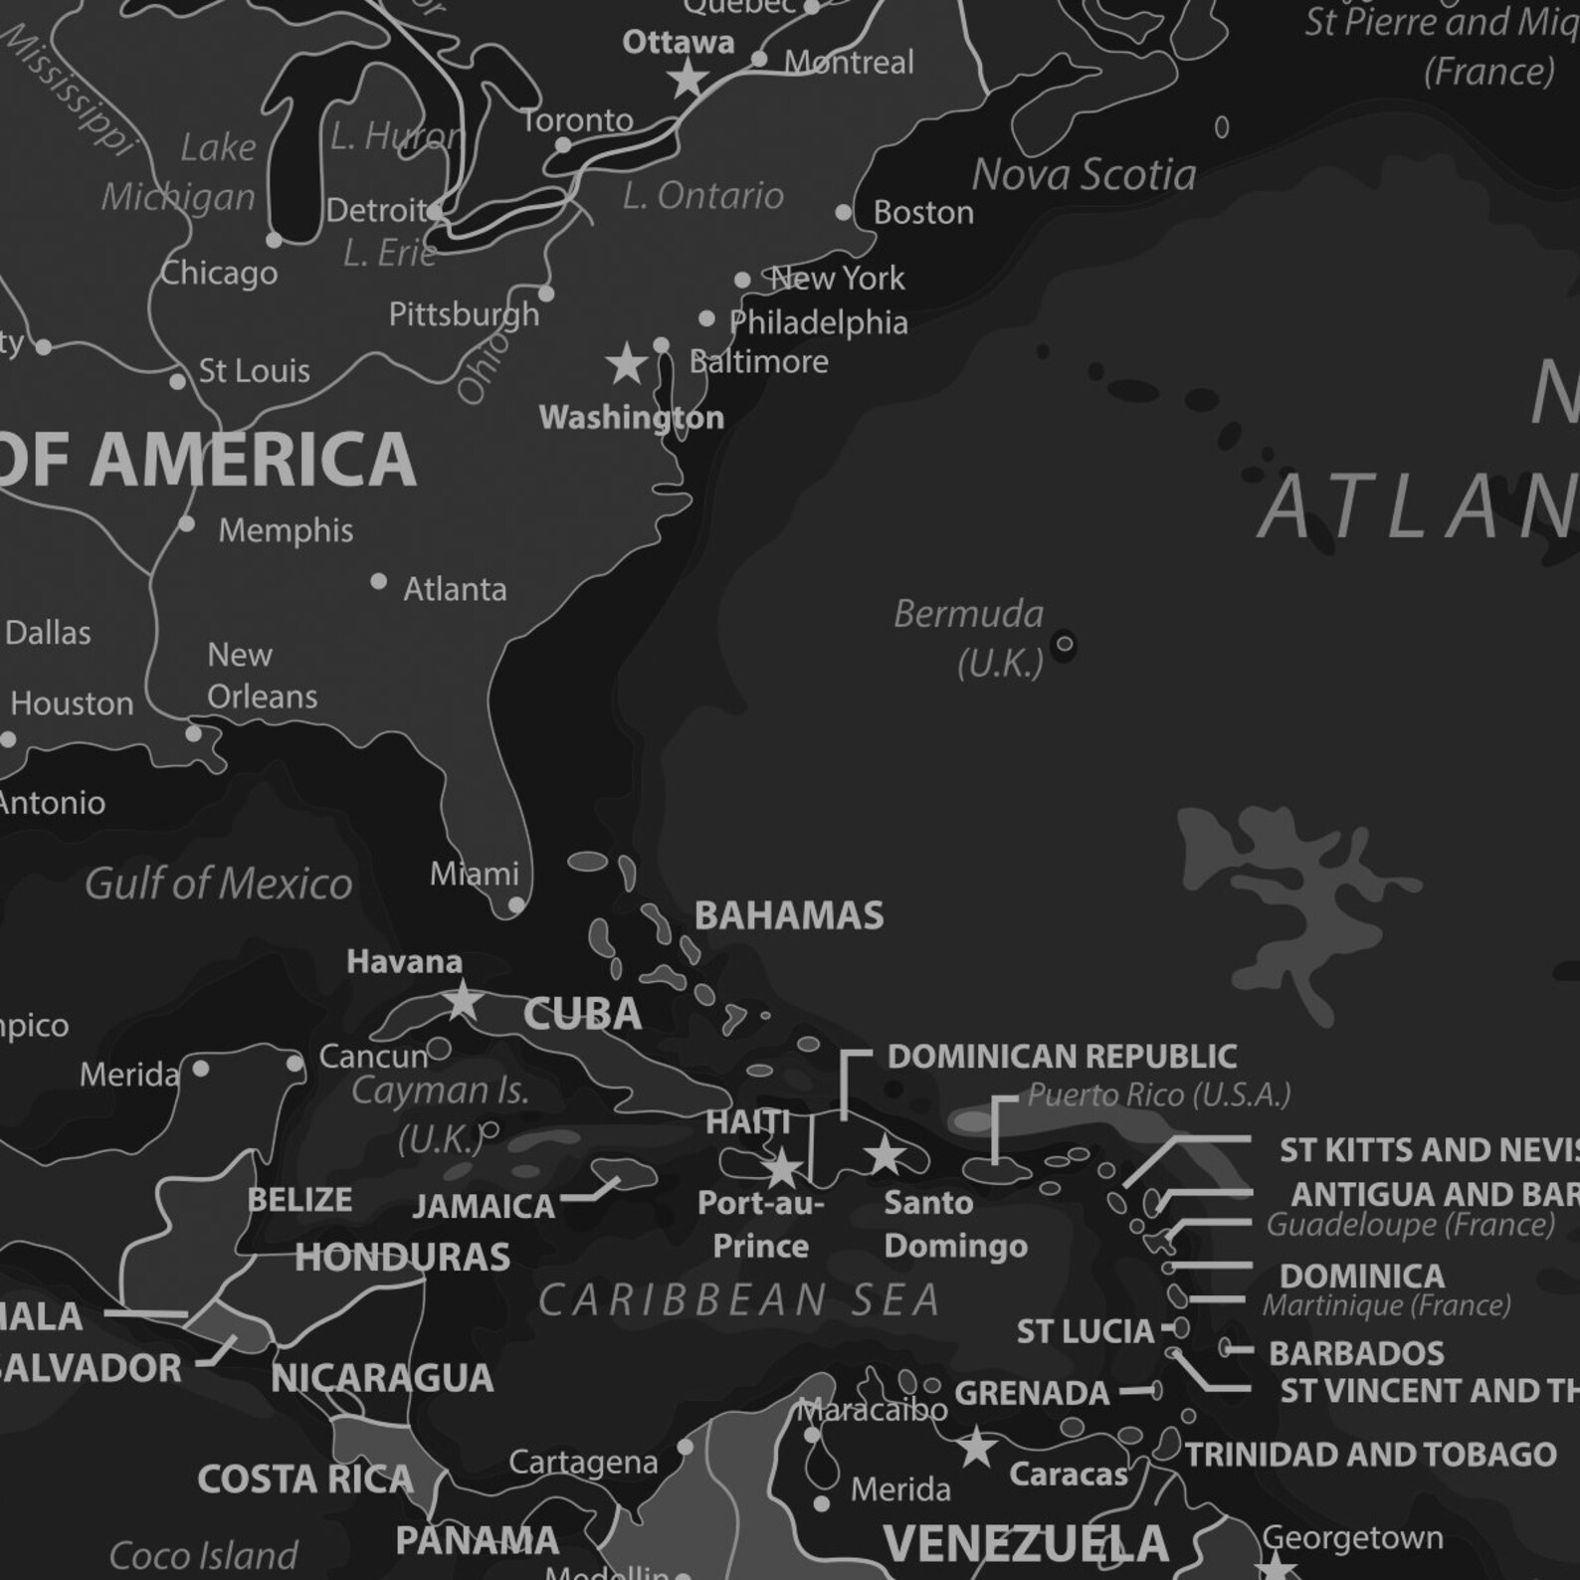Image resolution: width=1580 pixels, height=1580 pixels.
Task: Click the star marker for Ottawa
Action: coord(688,78)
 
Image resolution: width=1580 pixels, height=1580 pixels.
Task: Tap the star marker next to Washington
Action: coord(627,364)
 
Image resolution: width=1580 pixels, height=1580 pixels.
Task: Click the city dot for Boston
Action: coord(844,212)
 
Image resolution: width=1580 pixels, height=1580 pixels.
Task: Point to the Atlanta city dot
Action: coord(379,581)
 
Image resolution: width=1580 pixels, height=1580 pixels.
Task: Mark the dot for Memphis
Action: coord(187,524)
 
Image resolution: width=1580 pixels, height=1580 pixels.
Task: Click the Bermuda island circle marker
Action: coord(1064,645)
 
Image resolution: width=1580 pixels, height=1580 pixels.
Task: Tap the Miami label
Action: coord(475,874)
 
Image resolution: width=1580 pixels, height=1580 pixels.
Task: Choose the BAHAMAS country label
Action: coord(789,915)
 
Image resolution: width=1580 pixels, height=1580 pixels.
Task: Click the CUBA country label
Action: coord(583,1014)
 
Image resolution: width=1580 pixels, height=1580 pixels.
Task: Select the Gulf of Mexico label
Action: coord(218,884)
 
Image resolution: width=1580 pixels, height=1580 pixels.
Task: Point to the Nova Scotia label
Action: coord(1084,175)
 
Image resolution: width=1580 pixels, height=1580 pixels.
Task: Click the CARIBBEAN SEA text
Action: coord(739,1300)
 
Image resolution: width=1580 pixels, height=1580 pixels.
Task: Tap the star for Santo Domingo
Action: coord(885,1156)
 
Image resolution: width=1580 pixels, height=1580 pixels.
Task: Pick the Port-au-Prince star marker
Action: coord(783,1168)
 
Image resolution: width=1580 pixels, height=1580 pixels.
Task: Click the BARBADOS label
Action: coord(1356,1353)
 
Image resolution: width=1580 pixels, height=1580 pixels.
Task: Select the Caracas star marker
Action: coord(977,1447)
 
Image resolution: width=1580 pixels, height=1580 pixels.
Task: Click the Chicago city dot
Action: coord(275,240)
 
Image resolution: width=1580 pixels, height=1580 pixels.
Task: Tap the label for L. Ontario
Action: coord(702,196)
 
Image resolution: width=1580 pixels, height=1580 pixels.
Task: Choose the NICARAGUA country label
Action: coord(382,1378)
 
